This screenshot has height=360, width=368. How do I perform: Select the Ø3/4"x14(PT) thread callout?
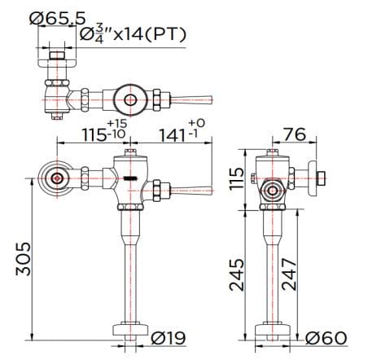pos(135,33)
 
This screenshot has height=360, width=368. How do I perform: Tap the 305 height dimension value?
pos(24,258)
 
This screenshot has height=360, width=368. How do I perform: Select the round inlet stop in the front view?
pos(56,178)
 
